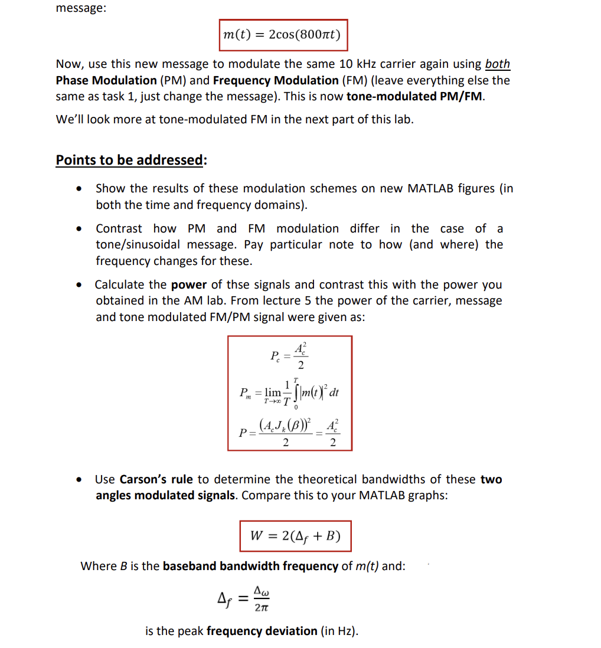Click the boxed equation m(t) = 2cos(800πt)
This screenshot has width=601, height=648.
[x=282, y=34]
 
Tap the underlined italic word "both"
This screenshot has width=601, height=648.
[x=497, y=64]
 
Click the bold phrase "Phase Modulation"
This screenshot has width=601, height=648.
[x=106, y=80]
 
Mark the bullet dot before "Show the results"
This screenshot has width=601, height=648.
[x=79, y=189]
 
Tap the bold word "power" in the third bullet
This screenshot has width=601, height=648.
[x=189, y=284]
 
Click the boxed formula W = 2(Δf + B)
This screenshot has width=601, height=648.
[x=295, y=536]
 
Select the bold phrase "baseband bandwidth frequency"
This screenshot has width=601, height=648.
[x=250, y=566]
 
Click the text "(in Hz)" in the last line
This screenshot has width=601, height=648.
[x=339, y=631]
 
